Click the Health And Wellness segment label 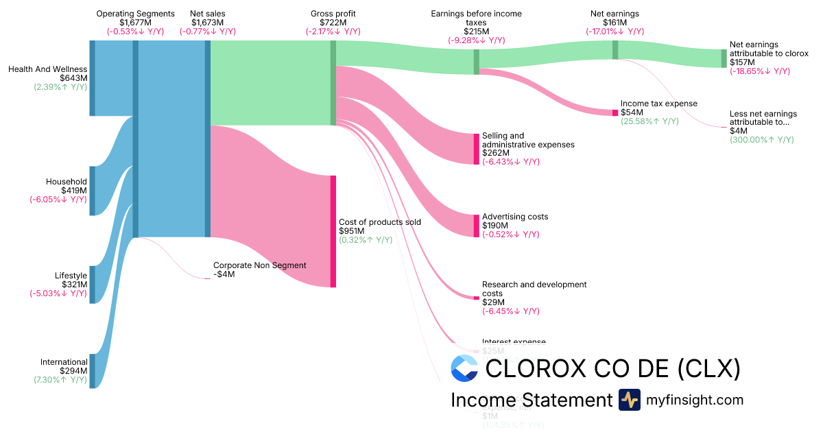coord(47,69)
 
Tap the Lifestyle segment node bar coord(93,285)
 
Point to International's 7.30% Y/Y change coord(60,380)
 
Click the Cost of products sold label coord(380,222)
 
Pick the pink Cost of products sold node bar coord(333,231)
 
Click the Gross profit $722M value coord(333,23)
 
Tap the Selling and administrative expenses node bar coord(476,149)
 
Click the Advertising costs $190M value coord(495,226)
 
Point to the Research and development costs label coord(534,289)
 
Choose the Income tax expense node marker coord(615,112)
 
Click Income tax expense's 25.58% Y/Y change coord(649,121)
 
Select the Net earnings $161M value coord(615,23)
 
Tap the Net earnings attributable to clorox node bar coord(724,58)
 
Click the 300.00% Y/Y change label coord(761,140)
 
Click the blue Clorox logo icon coord(464,368)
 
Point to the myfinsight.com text coord(694,400)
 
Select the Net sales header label coord(207,14)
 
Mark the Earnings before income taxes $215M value coord(476,32)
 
